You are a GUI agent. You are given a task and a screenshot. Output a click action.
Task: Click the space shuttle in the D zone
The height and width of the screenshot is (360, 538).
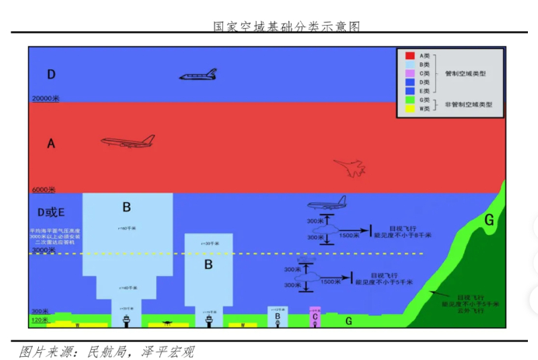198,75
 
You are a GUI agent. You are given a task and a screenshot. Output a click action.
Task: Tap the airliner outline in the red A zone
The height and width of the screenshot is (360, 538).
128,142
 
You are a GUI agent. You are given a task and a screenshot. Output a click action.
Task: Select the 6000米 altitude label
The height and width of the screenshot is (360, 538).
44,189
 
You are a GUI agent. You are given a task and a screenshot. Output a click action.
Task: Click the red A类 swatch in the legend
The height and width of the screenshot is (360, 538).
409,56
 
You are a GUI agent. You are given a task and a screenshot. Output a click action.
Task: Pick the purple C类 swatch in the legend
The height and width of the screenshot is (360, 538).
409,73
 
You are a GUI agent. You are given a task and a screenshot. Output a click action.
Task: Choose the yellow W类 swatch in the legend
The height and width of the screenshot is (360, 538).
409,109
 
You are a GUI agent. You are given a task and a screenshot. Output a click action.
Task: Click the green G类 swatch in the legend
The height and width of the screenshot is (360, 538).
409,100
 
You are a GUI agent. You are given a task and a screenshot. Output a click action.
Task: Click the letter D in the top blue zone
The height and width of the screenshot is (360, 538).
51,75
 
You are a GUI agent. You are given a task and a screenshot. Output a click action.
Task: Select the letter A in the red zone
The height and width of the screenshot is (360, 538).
51,143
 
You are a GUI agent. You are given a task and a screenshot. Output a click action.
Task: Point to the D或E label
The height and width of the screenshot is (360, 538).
51,211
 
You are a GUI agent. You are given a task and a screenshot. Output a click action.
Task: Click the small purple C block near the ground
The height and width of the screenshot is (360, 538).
315,316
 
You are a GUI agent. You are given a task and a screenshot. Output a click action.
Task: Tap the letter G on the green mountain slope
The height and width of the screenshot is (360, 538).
488,220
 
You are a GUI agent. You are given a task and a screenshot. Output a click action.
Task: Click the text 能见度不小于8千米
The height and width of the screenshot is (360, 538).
403,234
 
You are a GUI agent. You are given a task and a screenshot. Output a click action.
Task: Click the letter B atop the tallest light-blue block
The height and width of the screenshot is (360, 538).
127,207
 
